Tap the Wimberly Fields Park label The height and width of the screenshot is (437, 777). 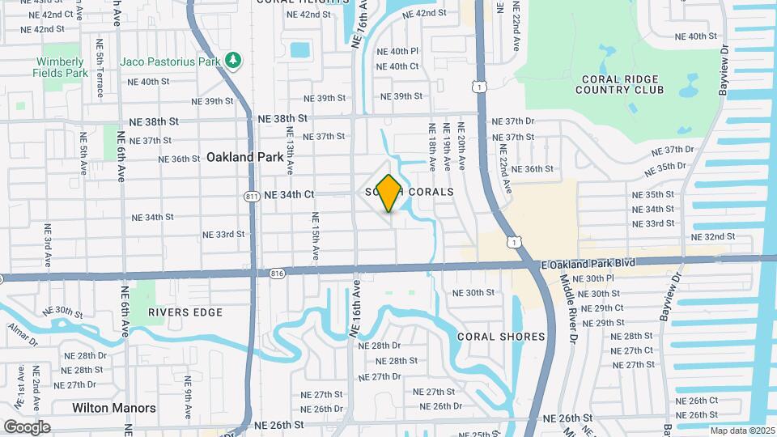click(x=60, y=67)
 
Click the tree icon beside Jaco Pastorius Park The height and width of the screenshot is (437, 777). click(x=233, y=60)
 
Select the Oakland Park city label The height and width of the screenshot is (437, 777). click(x=242, y=157)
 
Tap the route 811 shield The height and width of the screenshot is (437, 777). click(x=252, y=195)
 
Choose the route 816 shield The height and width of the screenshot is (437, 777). click(x=277, y=272)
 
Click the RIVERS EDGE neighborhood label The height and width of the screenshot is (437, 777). click(x=174, y=312)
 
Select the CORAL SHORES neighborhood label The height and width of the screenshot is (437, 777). click(x=501, y=337)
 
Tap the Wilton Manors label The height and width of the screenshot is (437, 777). click(x=113, y=408)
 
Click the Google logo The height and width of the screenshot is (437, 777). click(x=28, y=426)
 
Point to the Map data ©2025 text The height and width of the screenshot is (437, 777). click(x=742, y=431)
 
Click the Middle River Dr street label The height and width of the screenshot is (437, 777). click(x=569, y=308)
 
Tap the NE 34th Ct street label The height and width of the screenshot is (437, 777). click(x=286, y=194)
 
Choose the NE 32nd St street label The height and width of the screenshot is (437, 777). click(x=713, y=237)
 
